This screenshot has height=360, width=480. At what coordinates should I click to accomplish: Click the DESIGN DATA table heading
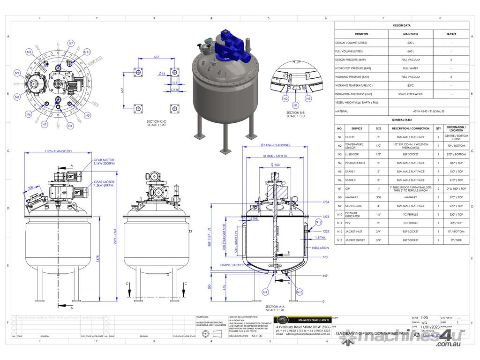401,26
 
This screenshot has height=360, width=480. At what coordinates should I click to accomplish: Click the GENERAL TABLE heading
401,120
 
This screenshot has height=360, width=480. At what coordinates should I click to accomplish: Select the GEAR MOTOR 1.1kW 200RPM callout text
104,162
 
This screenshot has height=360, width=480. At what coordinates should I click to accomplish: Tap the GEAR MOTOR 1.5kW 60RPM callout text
104,183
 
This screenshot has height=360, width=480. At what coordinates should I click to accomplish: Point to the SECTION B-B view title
296,114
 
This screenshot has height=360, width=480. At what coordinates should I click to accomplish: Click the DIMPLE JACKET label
231,265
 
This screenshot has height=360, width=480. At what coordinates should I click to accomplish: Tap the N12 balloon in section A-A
318,222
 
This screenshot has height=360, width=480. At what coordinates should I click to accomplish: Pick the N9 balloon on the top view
17,73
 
